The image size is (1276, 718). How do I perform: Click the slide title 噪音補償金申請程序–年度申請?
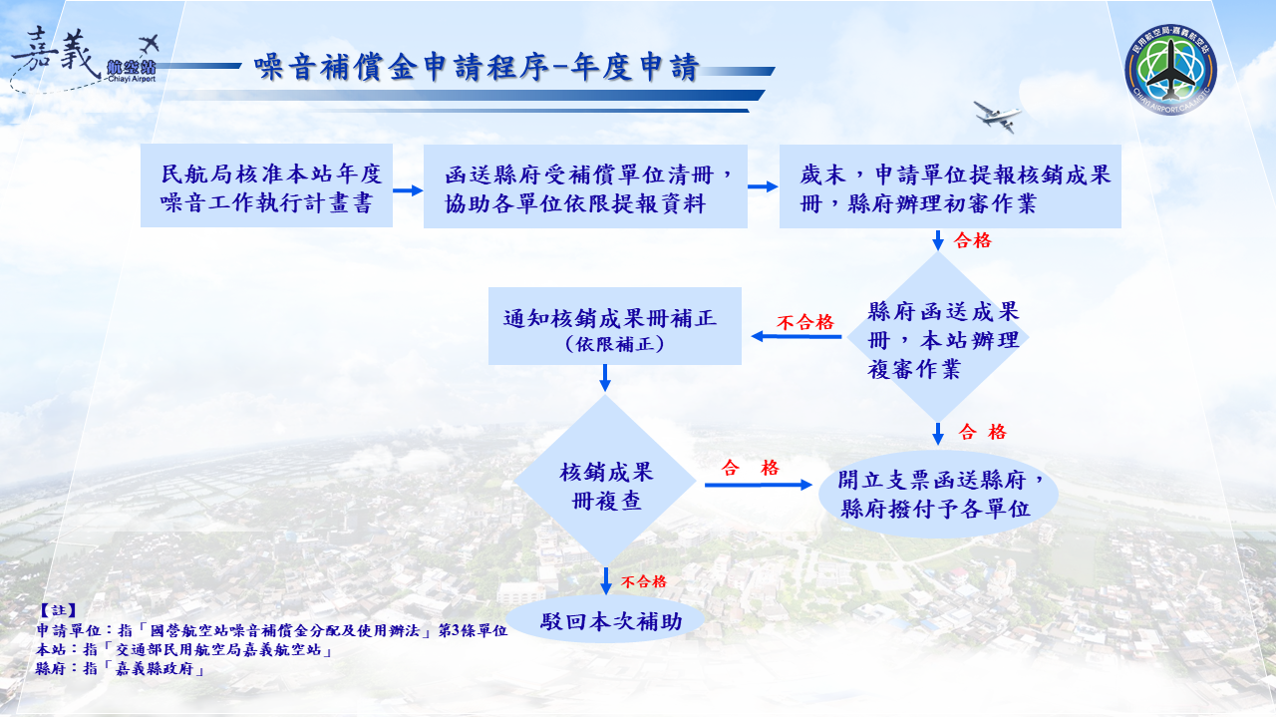pos(477,67)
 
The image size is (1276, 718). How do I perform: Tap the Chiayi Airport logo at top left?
pos(85,62)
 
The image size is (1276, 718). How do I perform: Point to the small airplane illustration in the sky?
pos(998,115)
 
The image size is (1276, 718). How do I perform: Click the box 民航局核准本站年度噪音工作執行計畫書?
pos(266,186)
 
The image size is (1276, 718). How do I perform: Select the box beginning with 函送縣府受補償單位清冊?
pos(585,186)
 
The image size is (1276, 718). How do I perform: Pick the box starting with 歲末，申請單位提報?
pos(950,186)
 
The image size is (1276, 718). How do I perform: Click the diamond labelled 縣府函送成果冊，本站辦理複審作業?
pos(937,339)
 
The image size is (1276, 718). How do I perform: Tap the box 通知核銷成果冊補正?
pos(615,327)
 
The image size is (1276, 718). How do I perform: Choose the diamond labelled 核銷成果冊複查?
pos(605,485)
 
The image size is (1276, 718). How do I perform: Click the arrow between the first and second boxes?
pos(408,189)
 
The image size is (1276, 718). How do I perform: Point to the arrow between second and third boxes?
pos(763,186)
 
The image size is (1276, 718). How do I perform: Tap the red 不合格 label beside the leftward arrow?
pos(804,322)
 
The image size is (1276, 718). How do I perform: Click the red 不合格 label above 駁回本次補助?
pos(643,582)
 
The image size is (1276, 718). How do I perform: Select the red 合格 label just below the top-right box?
pos(973,240)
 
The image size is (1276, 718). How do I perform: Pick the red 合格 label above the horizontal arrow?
pos(750,468)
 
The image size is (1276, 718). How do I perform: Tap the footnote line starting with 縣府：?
pos(121,669)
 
